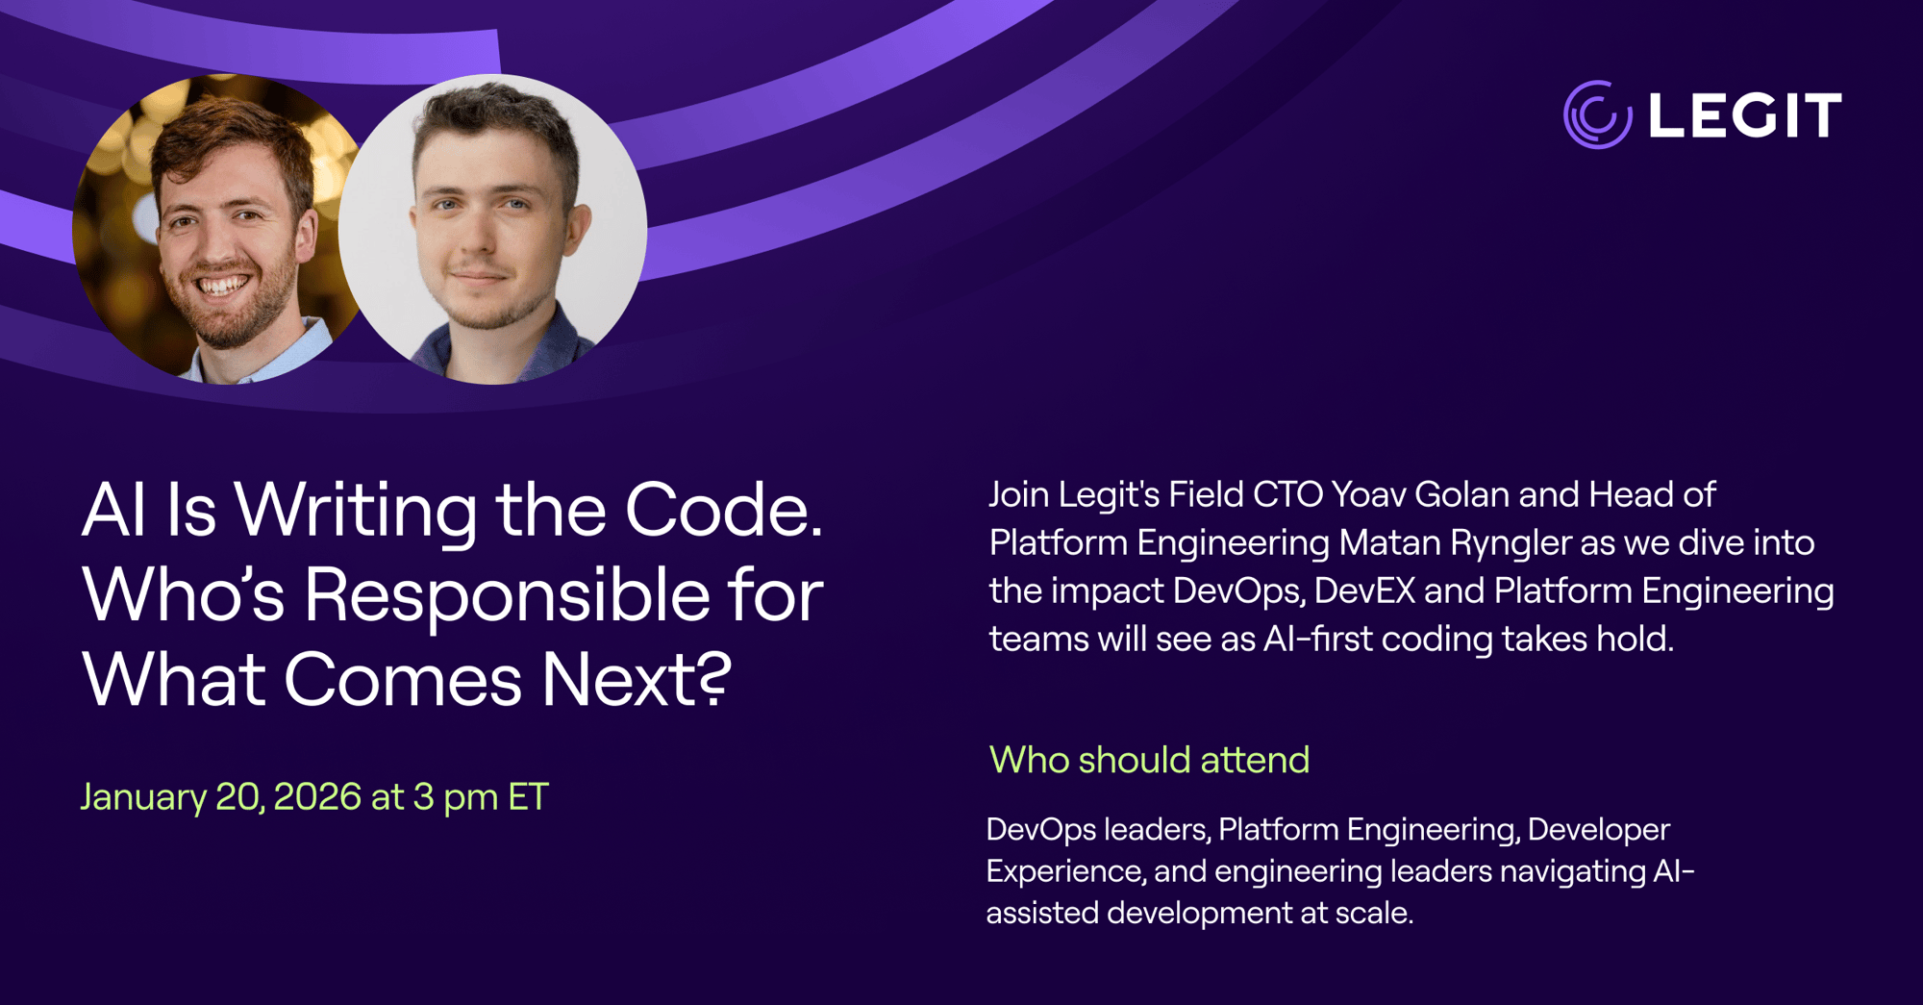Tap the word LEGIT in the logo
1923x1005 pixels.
click(1745, 115)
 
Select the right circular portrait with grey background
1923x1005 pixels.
click(492, 229)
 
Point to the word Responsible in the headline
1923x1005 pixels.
click(507, 596)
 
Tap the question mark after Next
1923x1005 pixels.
click(712, 678)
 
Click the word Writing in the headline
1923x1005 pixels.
click(355, 512)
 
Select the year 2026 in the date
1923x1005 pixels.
click(317, 796)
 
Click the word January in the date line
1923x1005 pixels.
click(143, 797)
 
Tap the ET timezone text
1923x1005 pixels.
click(528, 796)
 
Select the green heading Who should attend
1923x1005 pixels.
click(1149, 760)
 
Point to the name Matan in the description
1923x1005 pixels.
click(1390, 542)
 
